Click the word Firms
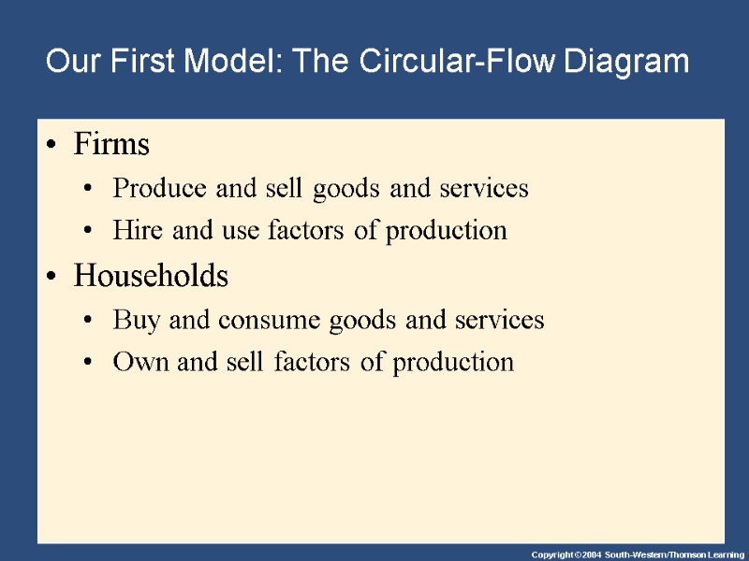click(111, 145)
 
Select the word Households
click(151, 277)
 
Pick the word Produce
click(151, 189)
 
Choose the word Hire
click(133, 230)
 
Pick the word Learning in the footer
click(721, 554)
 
